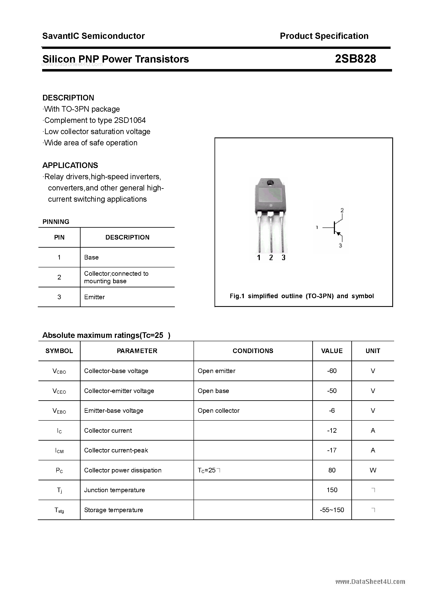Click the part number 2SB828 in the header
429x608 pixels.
355,59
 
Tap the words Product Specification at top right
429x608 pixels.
324,36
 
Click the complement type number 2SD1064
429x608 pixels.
130,120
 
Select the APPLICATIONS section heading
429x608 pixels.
70,165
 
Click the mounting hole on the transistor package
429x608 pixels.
270,183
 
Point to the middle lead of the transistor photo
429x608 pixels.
271,233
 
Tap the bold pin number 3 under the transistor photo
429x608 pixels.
283,258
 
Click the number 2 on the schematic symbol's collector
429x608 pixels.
342,210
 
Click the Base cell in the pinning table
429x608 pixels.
91,257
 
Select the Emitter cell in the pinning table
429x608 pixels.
94,297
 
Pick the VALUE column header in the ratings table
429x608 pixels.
332,351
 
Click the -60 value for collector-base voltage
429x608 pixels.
332,371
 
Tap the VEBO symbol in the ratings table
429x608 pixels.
59,411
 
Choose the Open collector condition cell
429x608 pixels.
218,411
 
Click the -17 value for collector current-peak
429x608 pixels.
332,450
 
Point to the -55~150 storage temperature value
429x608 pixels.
332,510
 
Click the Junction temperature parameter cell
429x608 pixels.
115,490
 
